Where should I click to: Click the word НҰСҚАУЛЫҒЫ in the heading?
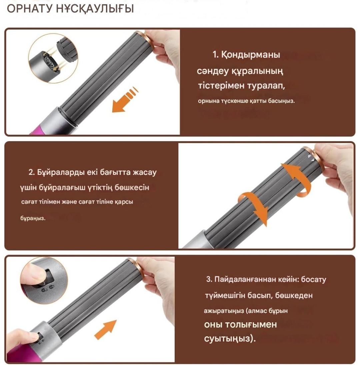95,9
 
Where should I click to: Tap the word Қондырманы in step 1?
250,55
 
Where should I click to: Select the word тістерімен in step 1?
221,86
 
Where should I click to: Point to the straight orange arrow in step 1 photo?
125,100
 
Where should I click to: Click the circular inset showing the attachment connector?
53,58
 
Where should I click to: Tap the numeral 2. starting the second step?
32,172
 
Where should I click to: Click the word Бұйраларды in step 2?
60,172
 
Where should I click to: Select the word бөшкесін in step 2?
132,188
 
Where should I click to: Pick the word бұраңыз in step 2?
33,218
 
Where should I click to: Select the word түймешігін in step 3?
225,296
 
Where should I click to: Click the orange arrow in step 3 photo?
105,330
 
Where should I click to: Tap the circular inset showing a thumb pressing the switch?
43,281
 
